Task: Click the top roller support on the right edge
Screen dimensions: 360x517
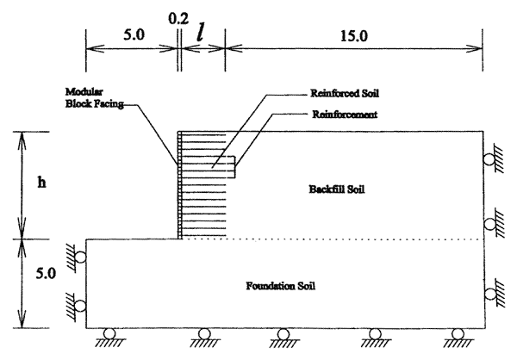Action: pos(490,158)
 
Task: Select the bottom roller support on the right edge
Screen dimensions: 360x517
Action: pos(490,295)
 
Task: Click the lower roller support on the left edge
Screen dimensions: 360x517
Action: pos(79,306)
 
